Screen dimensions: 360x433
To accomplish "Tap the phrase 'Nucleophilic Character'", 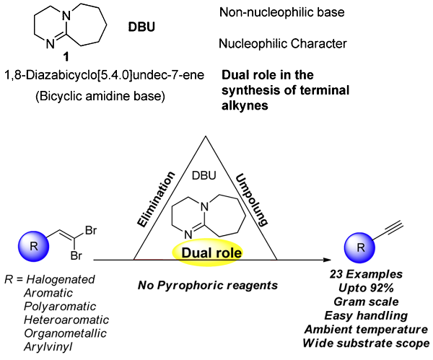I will (282, 44).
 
